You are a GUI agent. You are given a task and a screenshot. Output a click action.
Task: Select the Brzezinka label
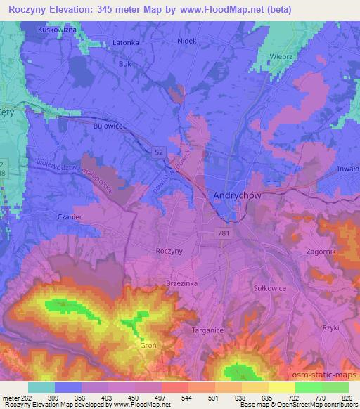coord(181,280)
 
